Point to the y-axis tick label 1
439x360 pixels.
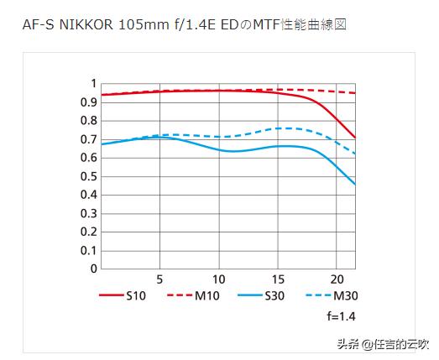click(94, 83)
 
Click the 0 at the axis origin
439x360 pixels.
click(94, 269)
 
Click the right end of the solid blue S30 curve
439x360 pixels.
click(354, 184)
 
